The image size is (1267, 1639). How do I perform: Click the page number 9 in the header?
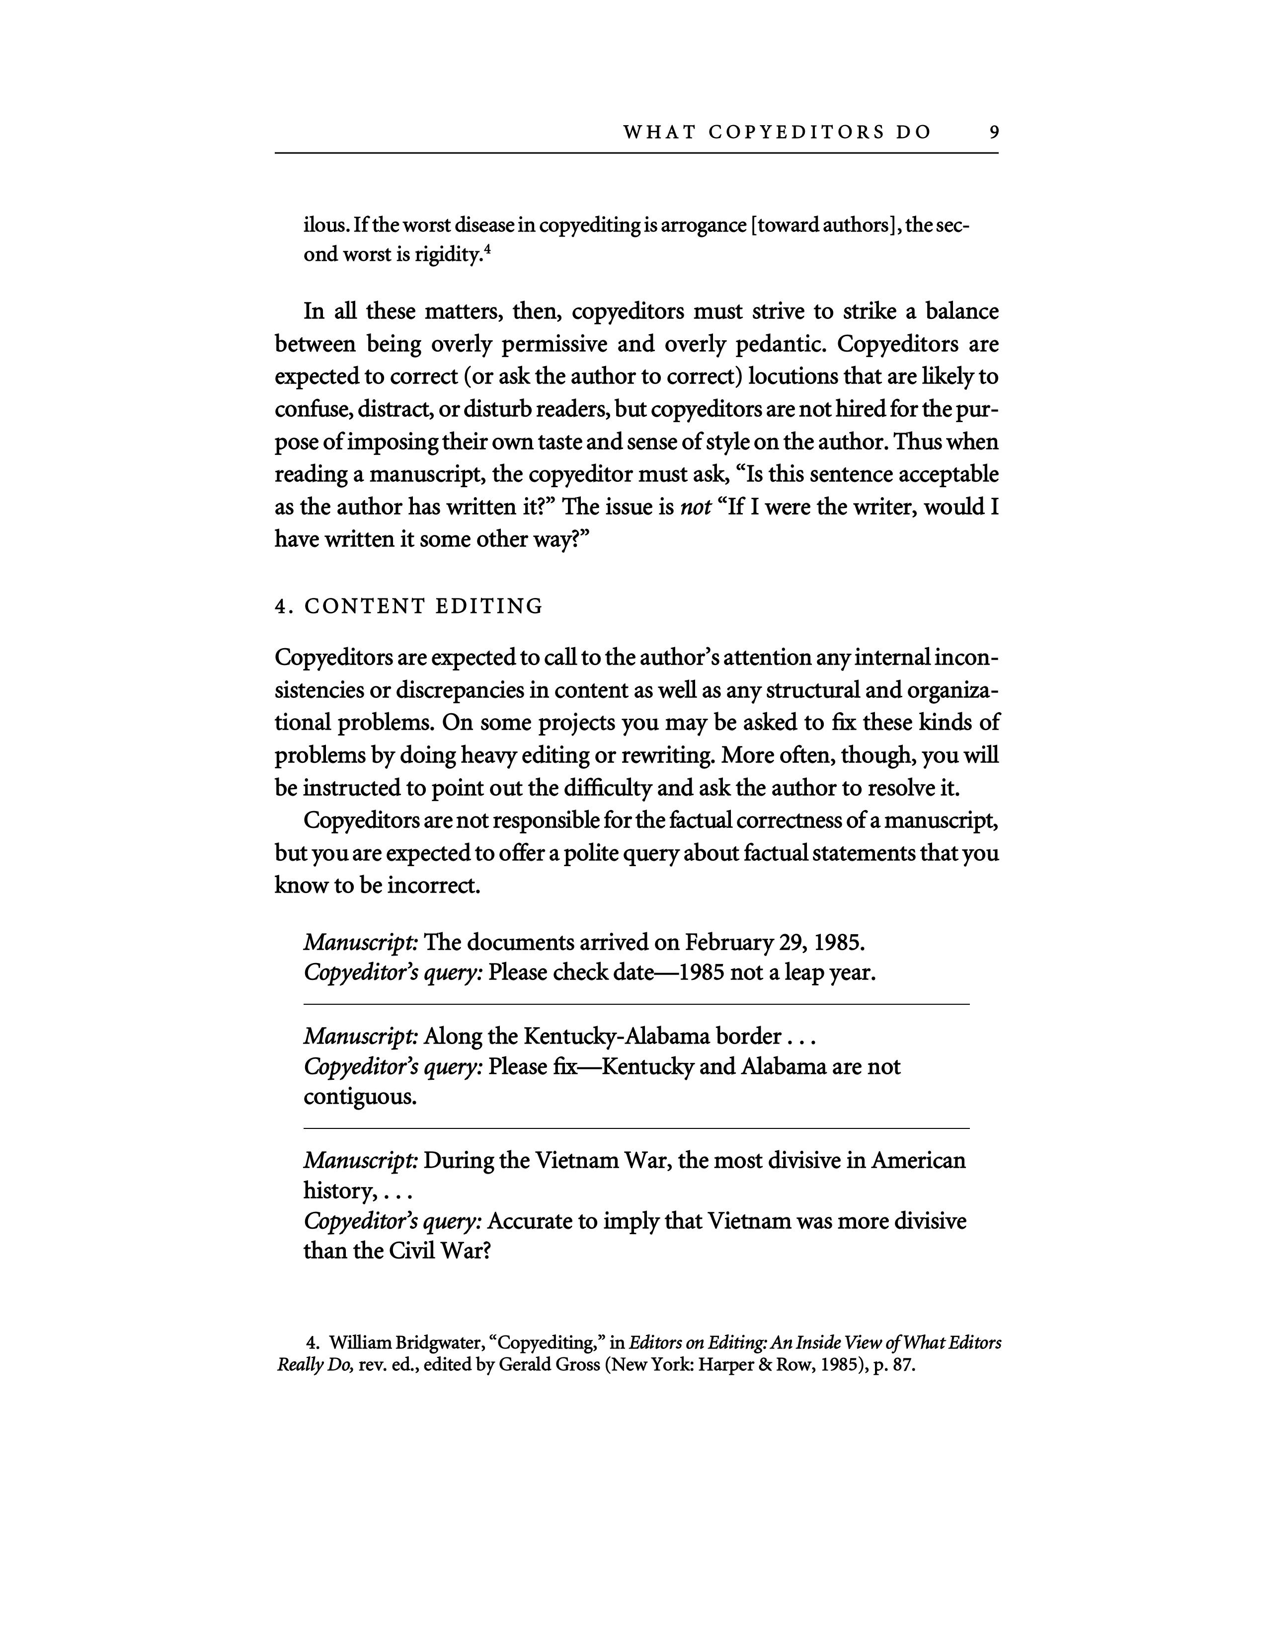pyautogui.click(x=994, y=132)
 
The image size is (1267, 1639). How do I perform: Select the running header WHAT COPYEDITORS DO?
pyautogui.click(x=777, y=132)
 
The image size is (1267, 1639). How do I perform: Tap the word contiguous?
pyautogui.click(x=360, y=1098)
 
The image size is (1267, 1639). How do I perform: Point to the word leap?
pyautogui.click(x=803, y=973)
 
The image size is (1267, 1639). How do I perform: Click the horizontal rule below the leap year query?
pyautogui.click(x=636, y=1004)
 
